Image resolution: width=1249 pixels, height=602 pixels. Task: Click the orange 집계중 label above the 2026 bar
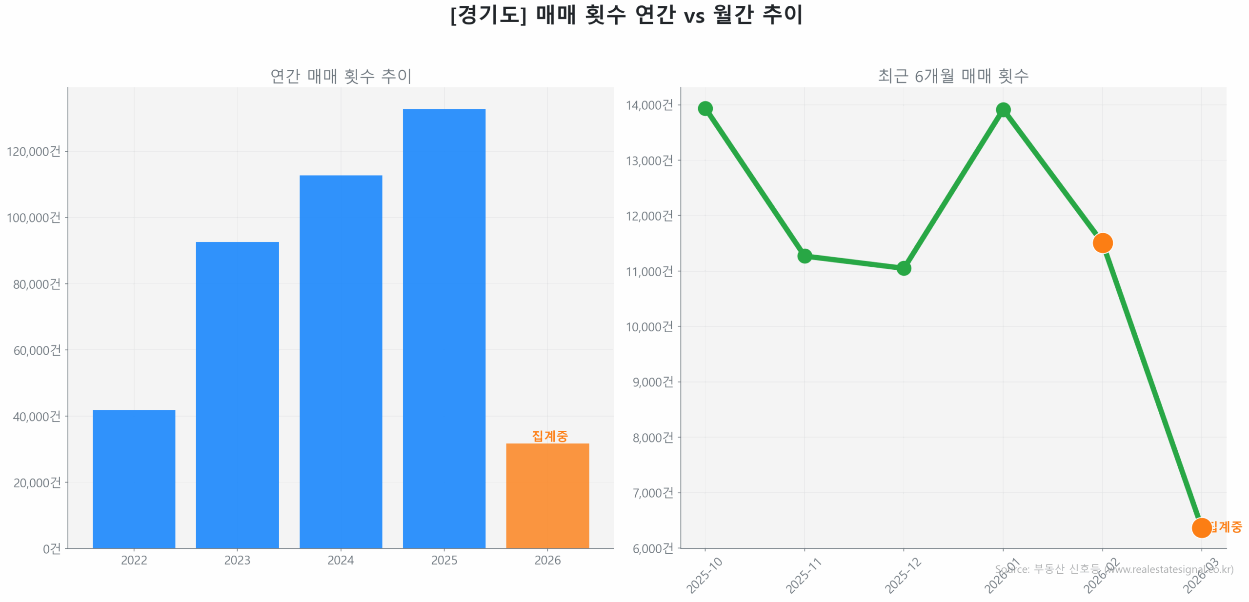(549, 435)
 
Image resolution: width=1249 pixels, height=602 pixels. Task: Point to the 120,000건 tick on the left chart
(34, 151)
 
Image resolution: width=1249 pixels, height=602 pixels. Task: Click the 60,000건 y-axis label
(37, 350)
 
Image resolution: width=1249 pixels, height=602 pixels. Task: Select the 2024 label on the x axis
(340, 560)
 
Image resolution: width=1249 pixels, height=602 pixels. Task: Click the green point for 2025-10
(705, 108)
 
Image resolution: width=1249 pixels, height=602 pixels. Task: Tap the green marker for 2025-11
(804, 256)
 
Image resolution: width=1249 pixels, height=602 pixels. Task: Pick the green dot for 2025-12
(903, 268)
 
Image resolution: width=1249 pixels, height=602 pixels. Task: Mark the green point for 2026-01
(1003, 110)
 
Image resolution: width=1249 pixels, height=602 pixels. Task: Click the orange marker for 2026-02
(1102, 242)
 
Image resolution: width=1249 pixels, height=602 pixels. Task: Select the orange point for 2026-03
(1201, 527)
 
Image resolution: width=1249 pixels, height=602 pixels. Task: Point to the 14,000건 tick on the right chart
(649, 105)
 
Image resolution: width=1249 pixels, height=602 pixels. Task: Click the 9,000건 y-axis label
(652, 381)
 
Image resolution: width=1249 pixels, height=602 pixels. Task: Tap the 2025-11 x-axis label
(803, 575)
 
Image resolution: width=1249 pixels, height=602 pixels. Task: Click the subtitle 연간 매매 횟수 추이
(341, 76)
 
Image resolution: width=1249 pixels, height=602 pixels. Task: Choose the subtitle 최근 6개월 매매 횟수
(952, 76)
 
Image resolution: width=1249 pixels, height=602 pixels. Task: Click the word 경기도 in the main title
(488, 15)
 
